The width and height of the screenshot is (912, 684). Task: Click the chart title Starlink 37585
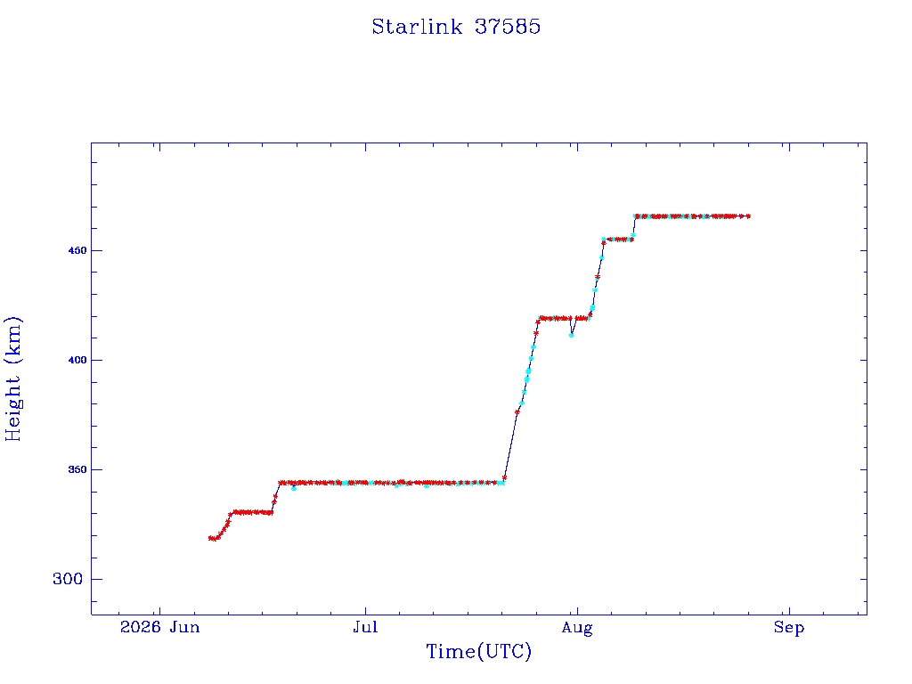click(x=456, y=27)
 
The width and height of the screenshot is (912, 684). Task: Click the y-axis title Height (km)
click(x=12, y=379)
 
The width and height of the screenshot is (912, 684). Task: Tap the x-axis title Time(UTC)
click(x=478, y=651)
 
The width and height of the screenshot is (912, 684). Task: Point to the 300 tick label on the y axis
click(x=68, y=579)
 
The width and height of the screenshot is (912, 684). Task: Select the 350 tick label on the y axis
click(x=77, y=469)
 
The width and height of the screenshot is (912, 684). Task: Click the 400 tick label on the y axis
click(x=77, y=360)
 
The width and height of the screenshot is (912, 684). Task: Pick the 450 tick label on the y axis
click(x=77, y=250)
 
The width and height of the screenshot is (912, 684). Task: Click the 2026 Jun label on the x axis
click(x=160, y=627)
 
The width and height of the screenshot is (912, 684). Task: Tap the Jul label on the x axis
click(x=365, y=627)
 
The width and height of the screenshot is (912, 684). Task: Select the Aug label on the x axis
click(x=577, y=628)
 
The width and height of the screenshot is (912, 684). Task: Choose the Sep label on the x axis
click(x=789, y=628)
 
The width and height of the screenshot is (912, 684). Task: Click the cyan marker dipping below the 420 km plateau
click(x=572, y=335)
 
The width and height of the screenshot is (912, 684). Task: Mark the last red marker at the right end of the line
click(x=748, y=216)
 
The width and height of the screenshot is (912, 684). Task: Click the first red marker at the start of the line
click(x=210, y=538)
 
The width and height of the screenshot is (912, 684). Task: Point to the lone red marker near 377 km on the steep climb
click(x=517, y=411)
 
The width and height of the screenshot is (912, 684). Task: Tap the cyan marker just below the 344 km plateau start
click(x=294, y=488)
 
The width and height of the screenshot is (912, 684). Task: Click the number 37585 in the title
click(x=508, y=27)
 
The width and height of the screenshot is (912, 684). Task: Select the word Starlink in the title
click(x=417, y=27)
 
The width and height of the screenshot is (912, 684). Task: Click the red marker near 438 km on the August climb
click(x=598, y=277)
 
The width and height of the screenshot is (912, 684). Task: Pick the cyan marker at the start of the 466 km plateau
click(x=636, y=216)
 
